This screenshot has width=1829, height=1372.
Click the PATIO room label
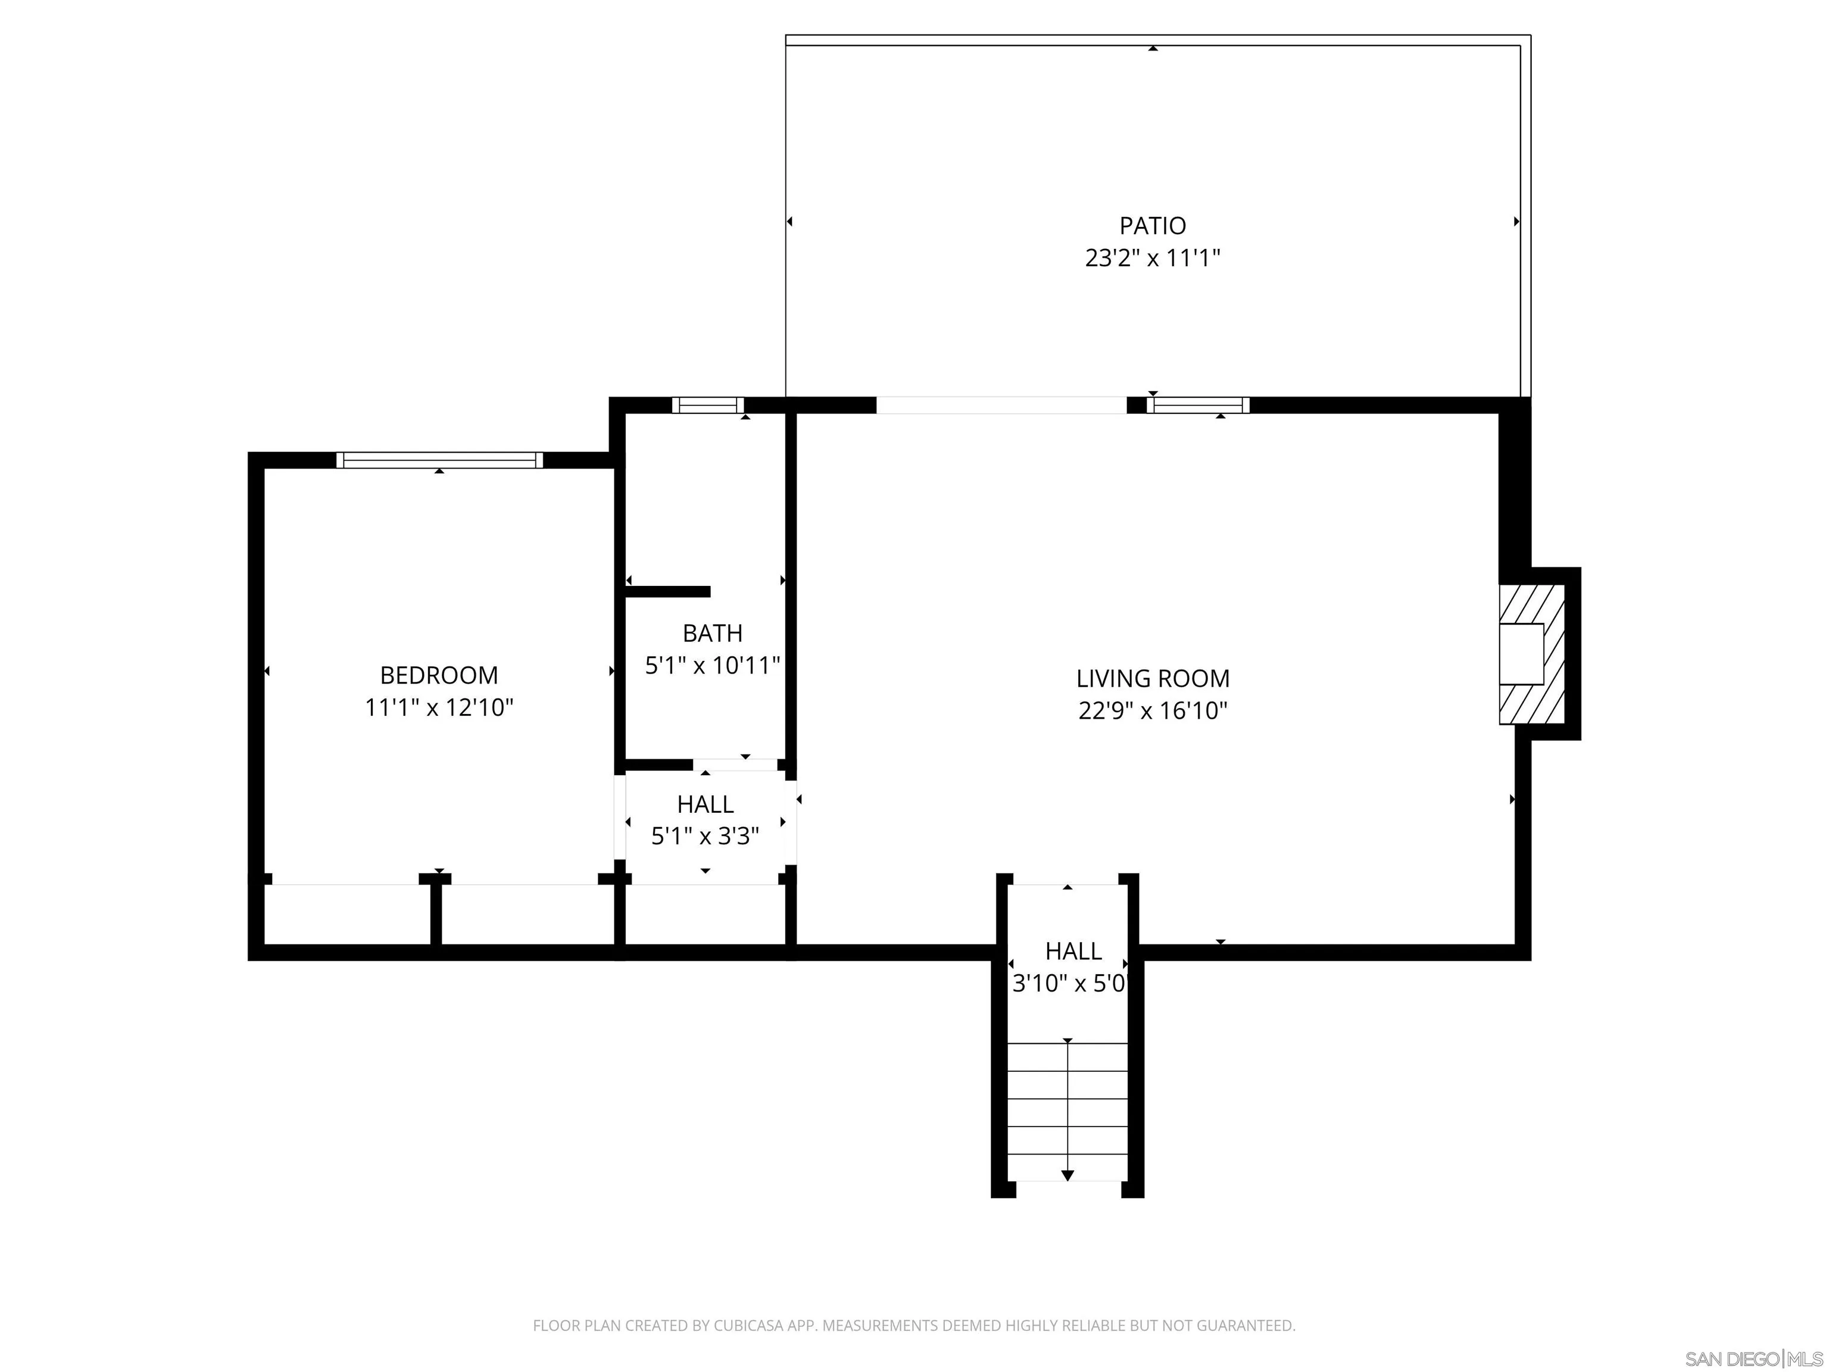[x=1153, y=225]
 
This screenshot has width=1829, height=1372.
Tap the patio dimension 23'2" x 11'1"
[x=1153, y=258]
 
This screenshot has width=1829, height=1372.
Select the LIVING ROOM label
[x=1153, y=678]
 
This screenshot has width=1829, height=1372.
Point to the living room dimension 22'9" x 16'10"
[x=1153, y=710]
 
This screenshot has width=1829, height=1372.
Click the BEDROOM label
[x=439, y=675]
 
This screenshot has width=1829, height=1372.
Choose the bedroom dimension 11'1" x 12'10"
[x=439, y=707]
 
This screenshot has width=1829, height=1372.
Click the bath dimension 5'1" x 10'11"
[x=712, y=665]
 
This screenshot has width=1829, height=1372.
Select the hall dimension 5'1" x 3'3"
[x=706, y=836]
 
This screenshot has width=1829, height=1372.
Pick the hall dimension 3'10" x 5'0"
[x=1070, y=983]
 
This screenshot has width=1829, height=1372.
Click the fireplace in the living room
[x=1532, y=654]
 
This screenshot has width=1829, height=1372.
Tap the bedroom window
[x=439, y=460]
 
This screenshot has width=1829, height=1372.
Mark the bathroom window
[x=708, y=406]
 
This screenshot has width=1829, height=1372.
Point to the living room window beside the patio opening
[x=1198, y=406]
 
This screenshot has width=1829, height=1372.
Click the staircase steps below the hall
[x=1068, y=1112]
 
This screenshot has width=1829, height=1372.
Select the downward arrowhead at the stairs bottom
[x=1068, y=1175]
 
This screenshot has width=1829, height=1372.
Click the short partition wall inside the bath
[x=667, y=591]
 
